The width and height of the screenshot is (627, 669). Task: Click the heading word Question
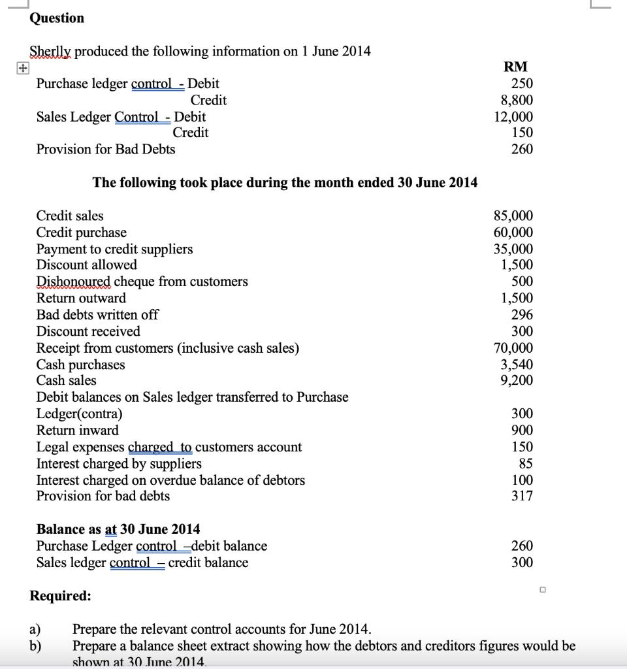(x=57, y=18)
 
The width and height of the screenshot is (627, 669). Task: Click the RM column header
(x=516, y=67)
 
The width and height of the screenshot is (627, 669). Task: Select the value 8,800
(x=517, y=100)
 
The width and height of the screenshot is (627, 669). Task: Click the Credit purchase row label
(x=82, y=233)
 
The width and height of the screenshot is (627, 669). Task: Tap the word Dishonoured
(x=73, y=282)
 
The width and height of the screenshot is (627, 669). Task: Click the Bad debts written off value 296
(x=522, y=314)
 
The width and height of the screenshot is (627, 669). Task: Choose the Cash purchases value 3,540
(x=517, y=364)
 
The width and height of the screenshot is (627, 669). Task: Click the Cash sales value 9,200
(x=517, y=380)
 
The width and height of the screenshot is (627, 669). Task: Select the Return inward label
(x=78, y=430)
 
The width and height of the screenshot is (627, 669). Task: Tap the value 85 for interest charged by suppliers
(x=526, y=463)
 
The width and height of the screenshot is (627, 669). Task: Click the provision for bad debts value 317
(x=522, y=496)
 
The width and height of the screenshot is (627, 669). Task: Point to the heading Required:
(x=61, y=596)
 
